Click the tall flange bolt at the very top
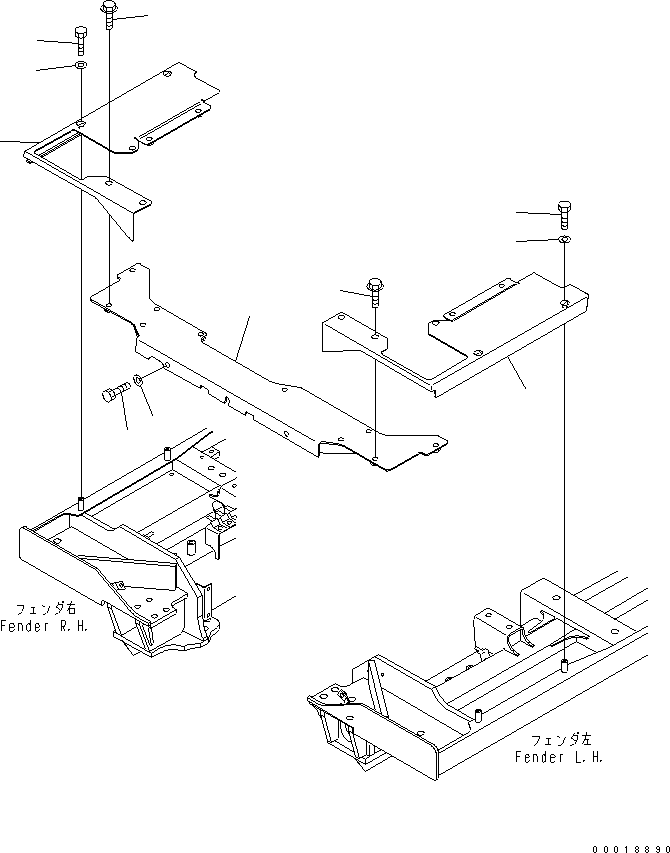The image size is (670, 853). (109, 14)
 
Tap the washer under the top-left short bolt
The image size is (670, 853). (80, 66)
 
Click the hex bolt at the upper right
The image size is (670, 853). (565, 212)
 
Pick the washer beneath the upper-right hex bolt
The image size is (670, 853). (565, 240)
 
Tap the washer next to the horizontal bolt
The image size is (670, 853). (139, 380)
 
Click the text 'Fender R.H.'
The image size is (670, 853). (48, 625)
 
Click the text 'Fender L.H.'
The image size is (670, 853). (558, 757)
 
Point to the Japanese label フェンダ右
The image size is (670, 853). (47, 608)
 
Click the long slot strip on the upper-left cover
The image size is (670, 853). (176, 123)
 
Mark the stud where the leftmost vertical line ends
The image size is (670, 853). (80, 500)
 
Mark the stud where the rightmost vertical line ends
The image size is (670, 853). (565, 664)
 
